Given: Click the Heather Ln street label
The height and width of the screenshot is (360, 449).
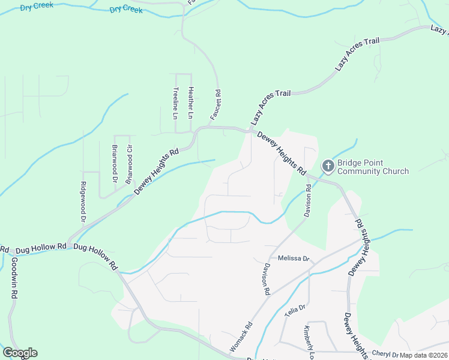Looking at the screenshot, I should point(191,102).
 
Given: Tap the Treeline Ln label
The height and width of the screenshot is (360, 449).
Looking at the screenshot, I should point(176,103).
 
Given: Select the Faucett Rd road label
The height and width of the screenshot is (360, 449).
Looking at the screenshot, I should point(218,104).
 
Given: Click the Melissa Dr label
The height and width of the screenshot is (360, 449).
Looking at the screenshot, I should point(294,259).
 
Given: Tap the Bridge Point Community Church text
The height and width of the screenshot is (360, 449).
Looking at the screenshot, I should point(373,167).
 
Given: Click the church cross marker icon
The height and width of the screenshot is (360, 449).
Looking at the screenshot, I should point(328,165).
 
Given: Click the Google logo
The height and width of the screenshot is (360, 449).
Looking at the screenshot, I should point(20,353).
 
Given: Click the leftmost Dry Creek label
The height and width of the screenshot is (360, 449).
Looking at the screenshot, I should point(37,5).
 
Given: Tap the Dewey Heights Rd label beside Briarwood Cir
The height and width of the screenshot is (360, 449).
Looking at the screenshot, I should point(157,171).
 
